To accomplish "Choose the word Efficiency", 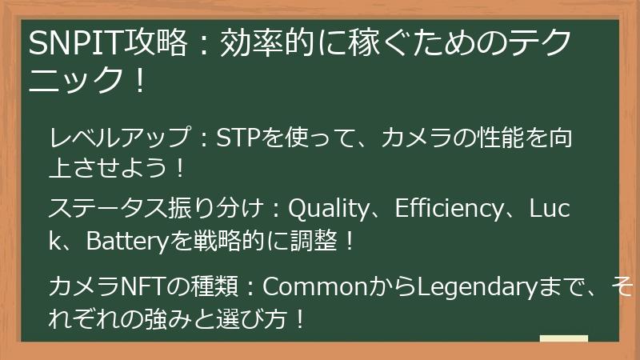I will pos(451,210).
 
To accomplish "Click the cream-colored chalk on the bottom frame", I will pos(563,339).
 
